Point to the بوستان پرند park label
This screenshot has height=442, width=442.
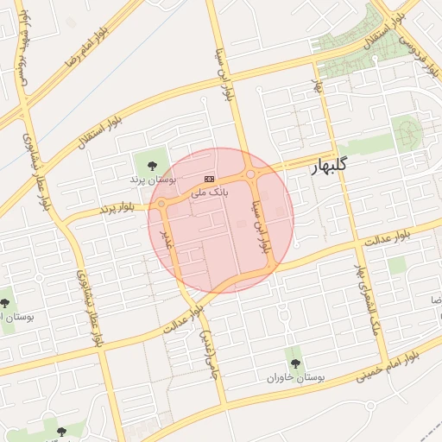click(x=152, y=180)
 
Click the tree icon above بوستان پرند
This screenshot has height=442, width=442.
click(x=152, y=164)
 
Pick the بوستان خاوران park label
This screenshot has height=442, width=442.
click(x=294, y=378)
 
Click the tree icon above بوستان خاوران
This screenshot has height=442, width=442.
click(x=294, y=363)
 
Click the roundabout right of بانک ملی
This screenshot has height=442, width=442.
click(x=250, y=175)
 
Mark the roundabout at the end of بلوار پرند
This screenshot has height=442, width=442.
click(x=161, y=204)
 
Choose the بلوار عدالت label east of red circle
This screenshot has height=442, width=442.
click(x=385, y=240)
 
